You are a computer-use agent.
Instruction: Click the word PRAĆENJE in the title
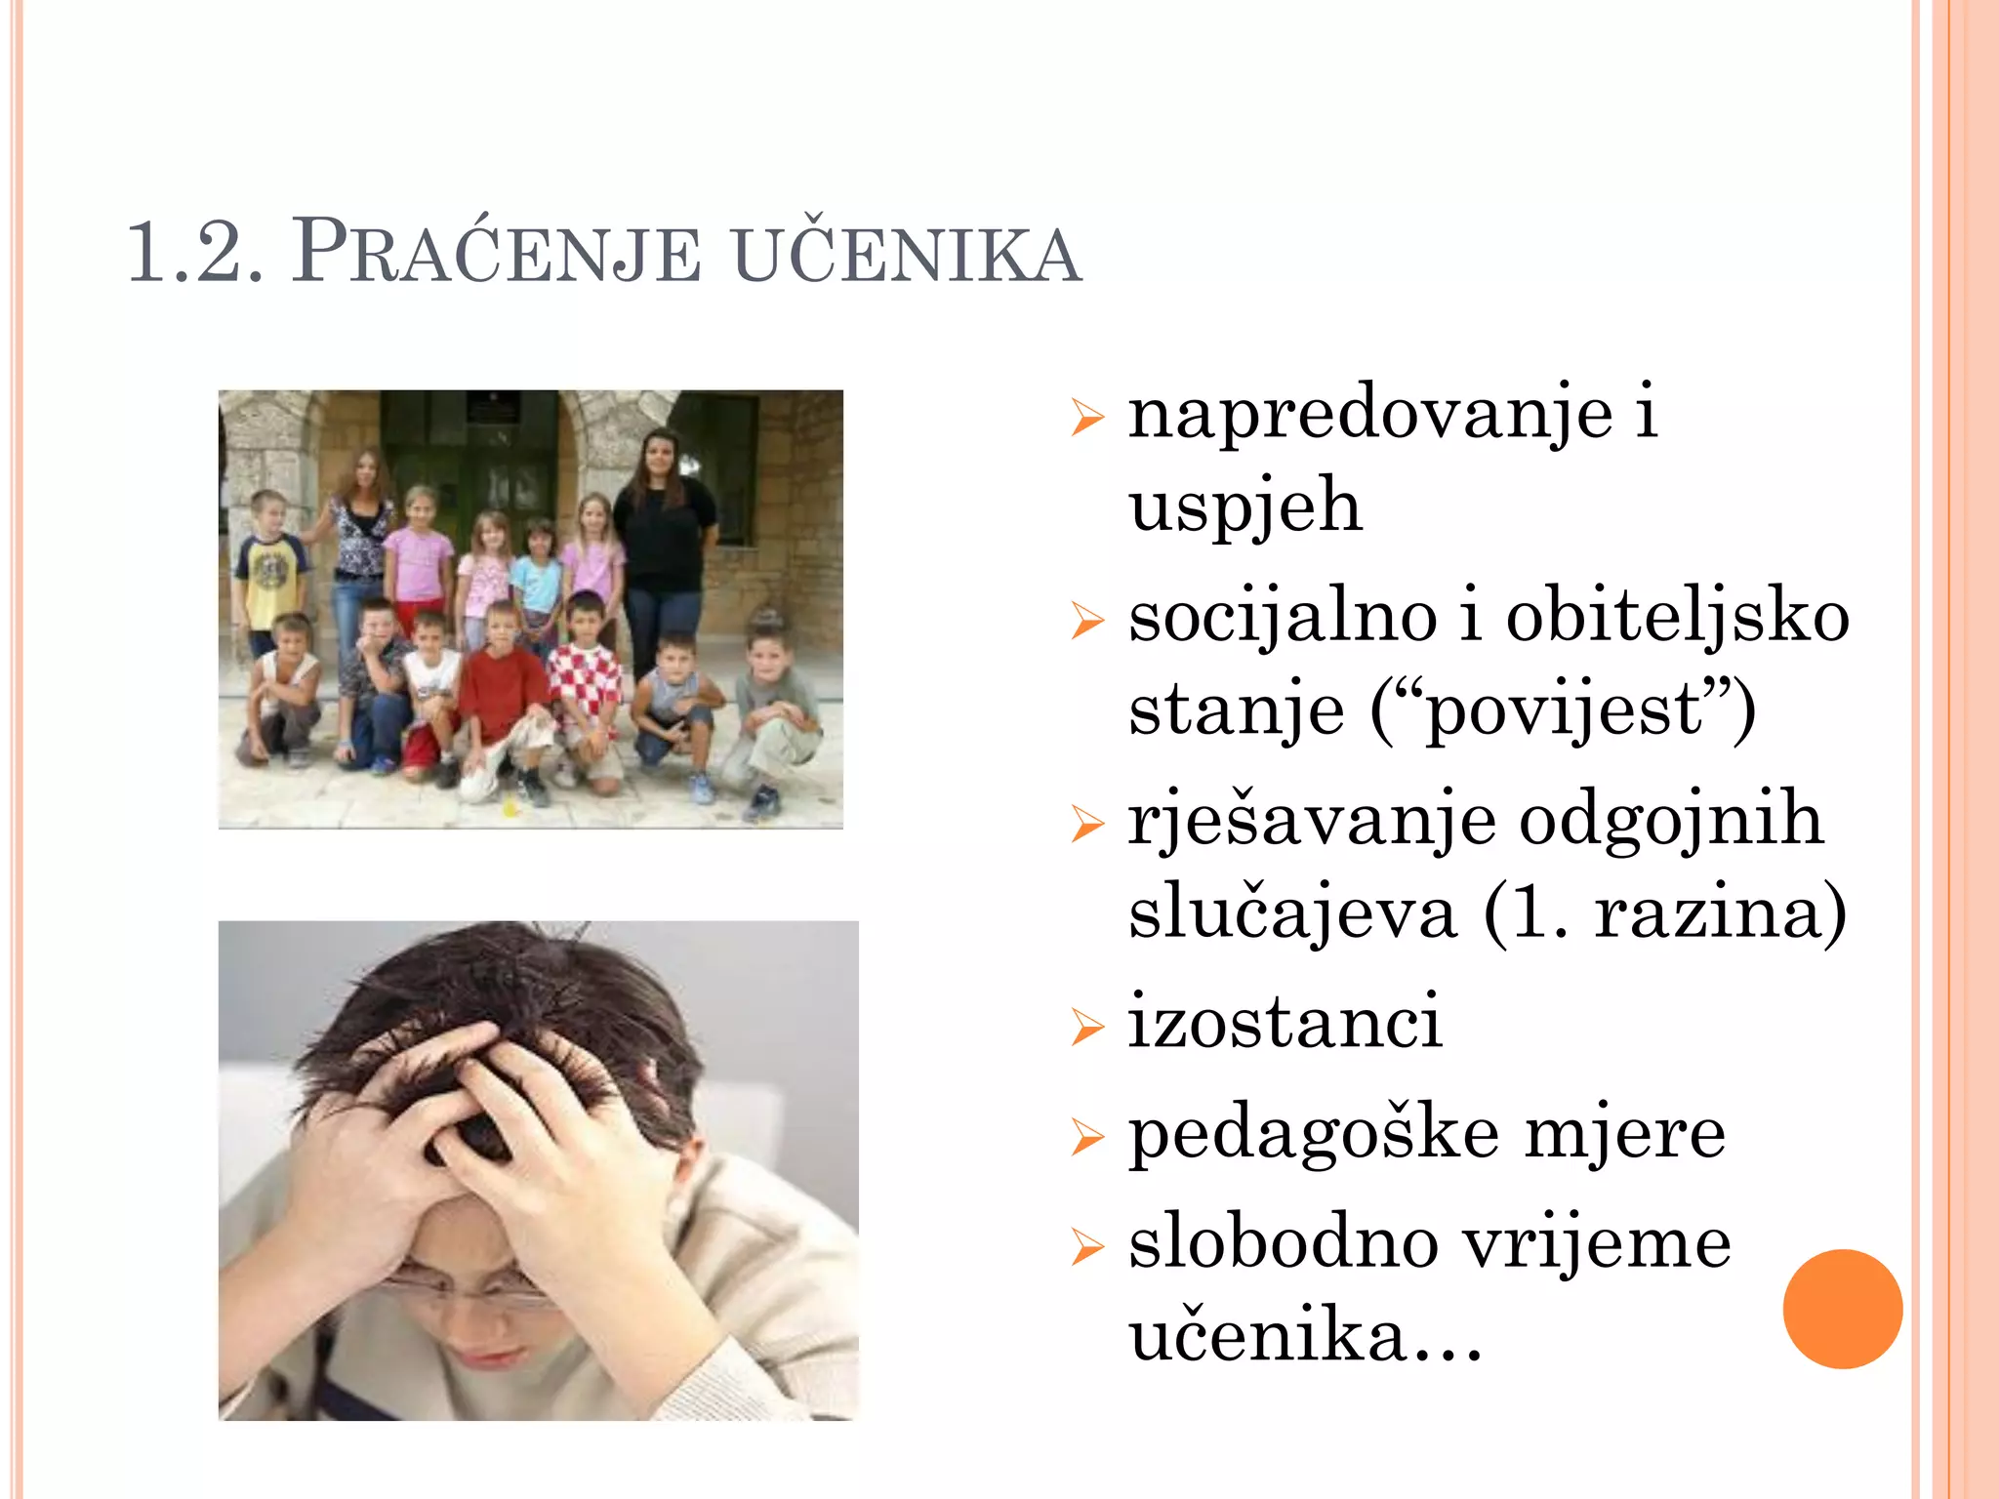[x=496, y=254]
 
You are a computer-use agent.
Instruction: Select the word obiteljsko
[x=1677, y=619]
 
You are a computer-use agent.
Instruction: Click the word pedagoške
[x=1313, y=1134]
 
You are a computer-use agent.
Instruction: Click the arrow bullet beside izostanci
[x=1086, y=1027]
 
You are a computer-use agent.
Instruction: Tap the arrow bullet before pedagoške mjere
[x=1086, y=1137]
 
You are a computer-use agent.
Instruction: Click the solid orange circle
[x=1842, y=1309]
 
